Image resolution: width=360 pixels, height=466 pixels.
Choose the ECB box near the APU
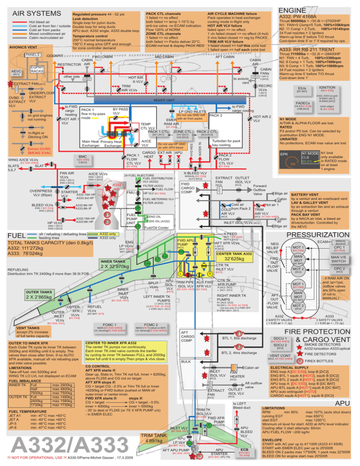[x=244, y=453]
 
